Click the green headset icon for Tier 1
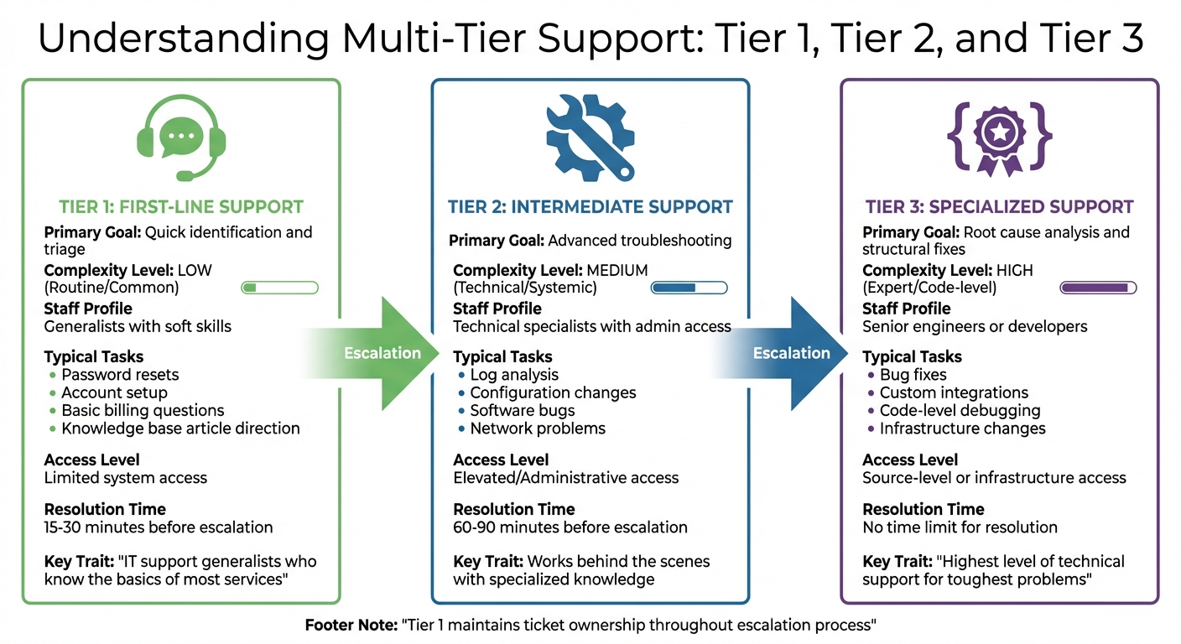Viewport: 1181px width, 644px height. (x=181, y=139)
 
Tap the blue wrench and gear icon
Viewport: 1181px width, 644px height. (x=590, y=138)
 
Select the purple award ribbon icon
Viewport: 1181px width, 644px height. (x=999, y=139)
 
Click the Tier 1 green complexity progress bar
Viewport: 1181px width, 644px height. (x=279, y=288)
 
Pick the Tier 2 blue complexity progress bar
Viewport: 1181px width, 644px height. (x=689, y=288)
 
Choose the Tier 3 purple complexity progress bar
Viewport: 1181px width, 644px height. (x=1098, y=288)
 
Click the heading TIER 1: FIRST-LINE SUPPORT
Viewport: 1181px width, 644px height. (x=181, y=206)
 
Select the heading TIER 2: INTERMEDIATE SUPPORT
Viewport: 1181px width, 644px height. (x=590, y=206)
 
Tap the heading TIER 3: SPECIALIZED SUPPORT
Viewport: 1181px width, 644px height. (x=999, y=206)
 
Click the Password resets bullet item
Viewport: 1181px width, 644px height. (x=120, y=375)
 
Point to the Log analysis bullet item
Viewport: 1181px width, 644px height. (x=513, y=375)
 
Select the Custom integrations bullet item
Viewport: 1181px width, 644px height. (x=954, y=392)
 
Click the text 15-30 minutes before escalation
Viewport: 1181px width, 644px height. (x=159, y=527)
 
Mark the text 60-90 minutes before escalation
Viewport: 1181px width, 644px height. (x=570, y=527)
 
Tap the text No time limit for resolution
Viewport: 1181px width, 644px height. (x=960, y=527)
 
